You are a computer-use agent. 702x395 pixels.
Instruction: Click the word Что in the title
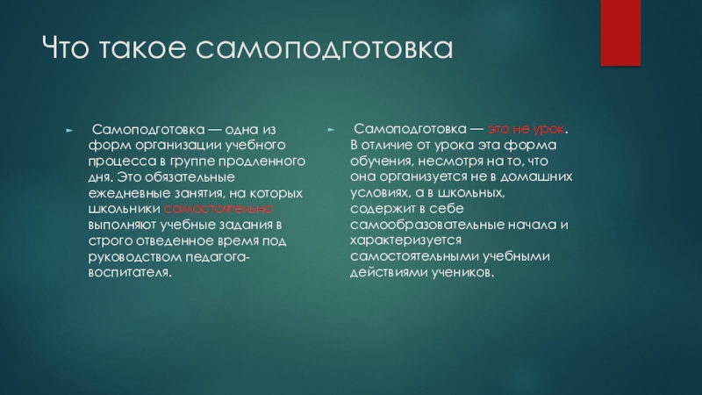[x=67, y=49]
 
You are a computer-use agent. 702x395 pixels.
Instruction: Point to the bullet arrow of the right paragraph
[x=330, y=128]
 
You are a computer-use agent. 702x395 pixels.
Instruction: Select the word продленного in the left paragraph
[x=262, y=161]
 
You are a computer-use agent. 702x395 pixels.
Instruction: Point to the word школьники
[x=124, y=209]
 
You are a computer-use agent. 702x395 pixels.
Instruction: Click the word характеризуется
[x=404, y=241]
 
